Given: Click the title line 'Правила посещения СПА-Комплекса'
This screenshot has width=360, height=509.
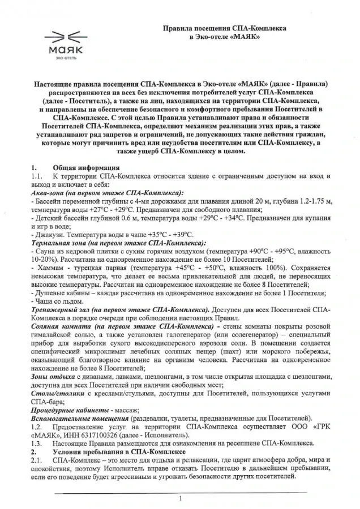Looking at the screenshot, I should [x=225, y=28].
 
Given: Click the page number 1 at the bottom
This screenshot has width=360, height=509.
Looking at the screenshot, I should [x=179, y=498].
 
